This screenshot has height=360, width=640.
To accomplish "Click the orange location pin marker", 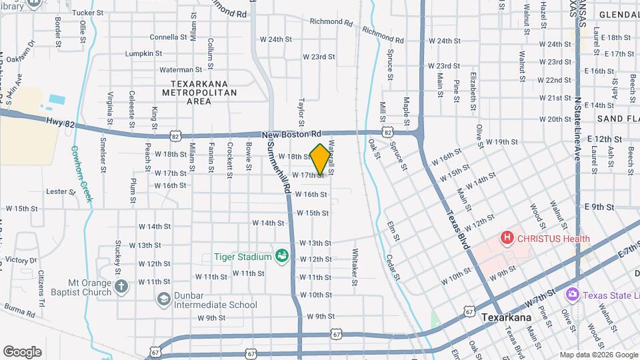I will (320, 159).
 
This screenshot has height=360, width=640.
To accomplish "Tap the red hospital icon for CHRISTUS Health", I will (507, 237).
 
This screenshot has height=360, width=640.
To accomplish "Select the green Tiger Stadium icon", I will (282, 256).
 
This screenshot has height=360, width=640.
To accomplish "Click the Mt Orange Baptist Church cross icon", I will (121, 287).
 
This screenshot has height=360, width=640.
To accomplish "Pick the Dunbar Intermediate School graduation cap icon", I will (163, 299).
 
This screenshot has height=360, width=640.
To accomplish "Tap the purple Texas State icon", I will (571, 295).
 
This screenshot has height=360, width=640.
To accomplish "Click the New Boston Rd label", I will (292, 134).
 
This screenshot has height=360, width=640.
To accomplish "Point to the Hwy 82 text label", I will (59, 121).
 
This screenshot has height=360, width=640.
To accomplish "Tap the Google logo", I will (22, 351).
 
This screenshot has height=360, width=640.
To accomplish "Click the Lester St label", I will (61, 191).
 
